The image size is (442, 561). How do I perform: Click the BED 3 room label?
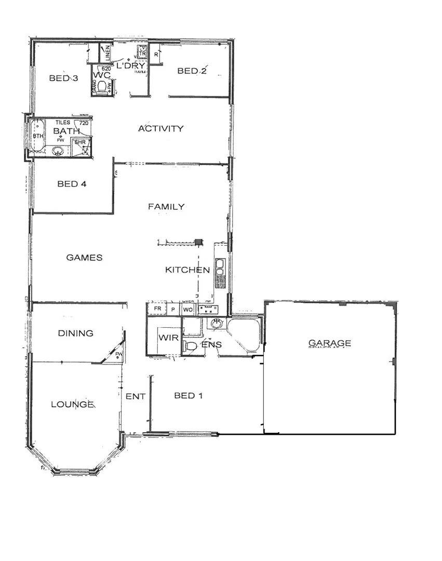point(63,78)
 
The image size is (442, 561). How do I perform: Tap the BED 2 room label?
point(192,71)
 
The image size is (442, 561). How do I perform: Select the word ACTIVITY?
point(160,128)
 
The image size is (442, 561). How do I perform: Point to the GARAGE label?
point(330,343)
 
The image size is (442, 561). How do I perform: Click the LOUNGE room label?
point(72,404)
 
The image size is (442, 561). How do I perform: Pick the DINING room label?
point(75,333)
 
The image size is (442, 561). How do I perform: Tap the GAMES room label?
point(84,258)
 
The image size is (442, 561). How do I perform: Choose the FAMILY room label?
point(166,207)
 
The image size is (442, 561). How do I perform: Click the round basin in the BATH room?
point(59,152)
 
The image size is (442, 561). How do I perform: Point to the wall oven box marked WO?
point(187,310)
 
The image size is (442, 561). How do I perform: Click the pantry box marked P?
point(173,310)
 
